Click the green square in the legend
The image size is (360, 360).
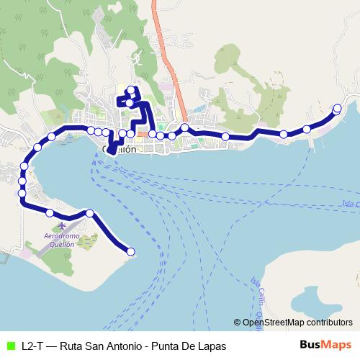pos(9,346)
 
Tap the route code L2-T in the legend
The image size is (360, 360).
pos(32,346)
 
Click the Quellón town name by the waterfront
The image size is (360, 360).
pos(120,149)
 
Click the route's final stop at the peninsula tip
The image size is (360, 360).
pos(131,251)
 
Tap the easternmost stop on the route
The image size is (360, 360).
pos(337,108)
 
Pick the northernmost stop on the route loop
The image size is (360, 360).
pos(131,90)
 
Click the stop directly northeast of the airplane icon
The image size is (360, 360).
pos(90,212)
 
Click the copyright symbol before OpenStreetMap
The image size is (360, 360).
pos(238,322)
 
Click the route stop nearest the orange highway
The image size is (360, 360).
pos(185,127)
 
